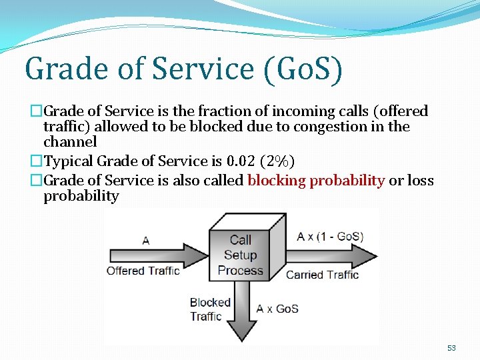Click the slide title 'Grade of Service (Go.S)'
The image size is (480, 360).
pyautogui.click(x=183, y=70)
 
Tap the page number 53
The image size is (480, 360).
pyautogui.click(x=451, y=349)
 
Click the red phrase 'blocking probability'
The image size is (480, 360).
pyautogui.click(x=316, y=181)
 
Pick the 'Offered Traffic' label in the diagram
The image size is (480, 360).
pyautogui.click(x=143, y=271)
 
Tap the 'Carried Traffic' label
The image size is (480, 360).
pyautogui.click(x=322, y=275)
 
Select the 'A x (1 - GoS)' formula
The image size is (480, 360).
pyautogui.click(x=330, y=237)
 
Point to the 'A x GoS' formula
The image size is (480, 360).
pyautogui.click(x=277, y=309)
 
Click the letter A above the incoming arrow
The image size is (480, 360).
pyautogui.click(x=145, y=241)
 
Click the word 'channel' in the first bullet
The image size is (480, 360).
pyautogui.click(x=70, y=142)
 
